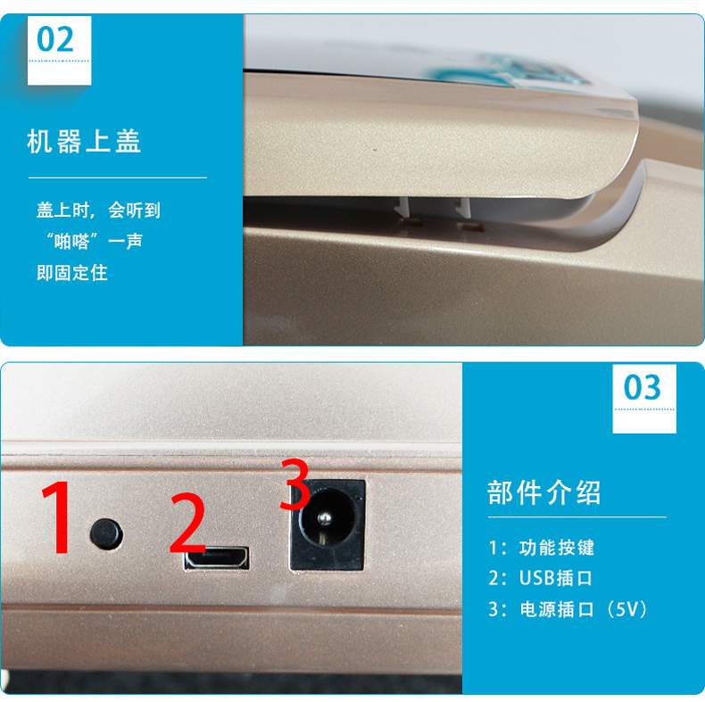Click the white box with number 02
[x=60, y=50]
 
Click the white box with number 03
[x=644, y=399]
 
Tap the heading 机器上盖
[x=84, y=141]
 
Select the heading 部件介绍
[x=544, y=492]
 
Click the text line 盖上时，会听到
[x=98, y=210]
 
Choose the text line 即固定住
[x=72, y=273]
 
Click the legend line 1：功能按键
[x=542, y=548]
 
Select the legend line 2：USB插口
[x=541, y=578]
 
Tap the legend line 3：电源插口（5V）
[x=568, y=609]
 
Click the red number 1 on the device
[x=57, y=516]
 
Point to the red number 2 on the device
[x=187, y=522]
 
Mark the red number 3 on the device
[x=294, y=484]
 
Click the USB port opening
[x=217, y=558]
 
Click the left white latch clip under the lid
[x=403, y=207]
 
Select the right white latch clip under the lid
[x=463, y=207]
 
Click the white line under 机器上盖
[x=118, y=178]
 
